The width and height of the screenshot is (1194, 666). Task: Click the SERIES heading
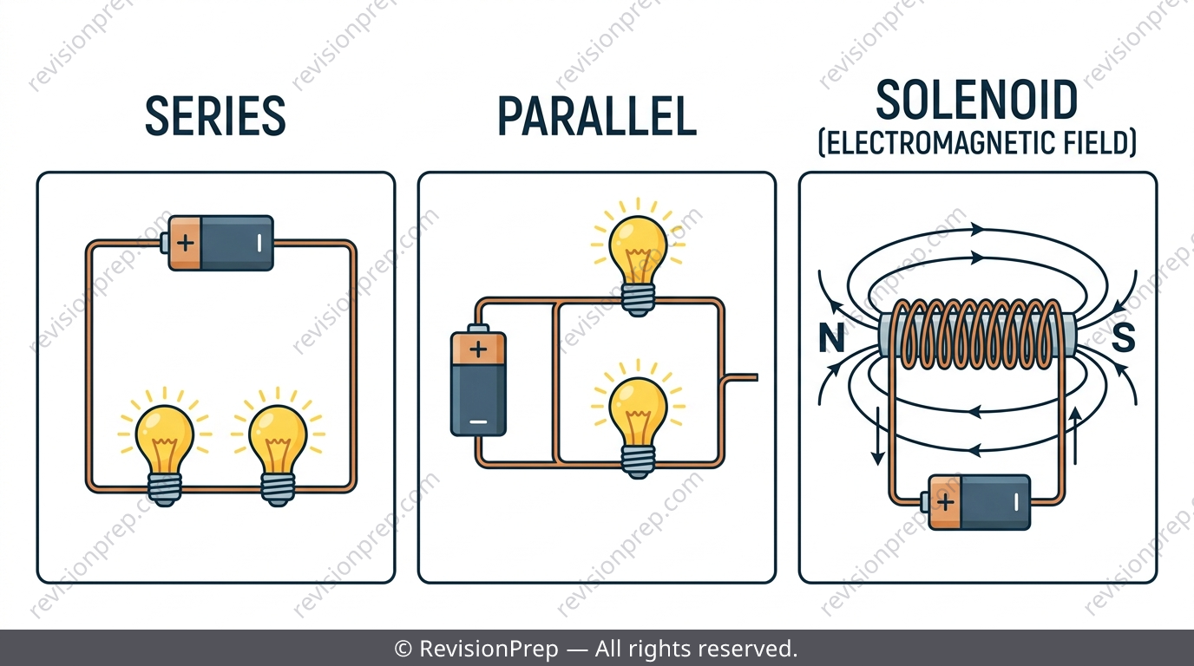[215, 115]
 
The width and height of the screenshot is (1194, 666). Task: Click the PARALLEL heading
[597, 117]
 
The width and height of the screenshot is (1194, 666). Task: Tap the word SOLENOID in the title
[976, 100]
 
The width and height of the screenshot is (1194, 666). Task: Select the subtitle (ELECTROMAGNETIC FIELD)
[977, 143]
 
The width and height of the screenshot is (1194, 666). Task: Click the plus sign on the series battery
[185, 244]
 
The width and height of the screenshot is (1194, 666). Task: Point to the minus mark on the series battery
[259, 243]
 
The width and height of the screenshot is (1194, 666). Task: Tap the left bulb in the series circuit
[164, 447]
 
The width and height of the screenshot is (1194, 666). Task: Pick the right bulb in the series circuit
[278, 447]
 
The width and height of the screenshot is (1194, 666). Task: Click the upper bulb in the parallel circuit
[638, 258]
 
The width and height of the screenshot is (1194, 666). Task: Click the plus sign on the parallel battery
[478, 349]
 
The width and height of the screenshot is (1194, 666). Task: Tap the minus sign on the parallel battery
[478, 422]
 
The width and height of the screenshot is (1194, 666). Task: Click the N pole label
[831, 338]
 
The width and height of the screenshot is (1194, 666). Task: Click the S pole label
[1123, 337]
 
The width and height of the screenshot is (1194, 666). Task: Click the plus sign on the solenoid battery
[945, 502]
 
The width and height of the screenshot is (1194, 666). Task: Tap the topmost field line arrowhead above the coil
[977, 229]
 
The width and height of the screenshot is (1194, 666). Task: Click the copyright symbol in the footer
[403, 649]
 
